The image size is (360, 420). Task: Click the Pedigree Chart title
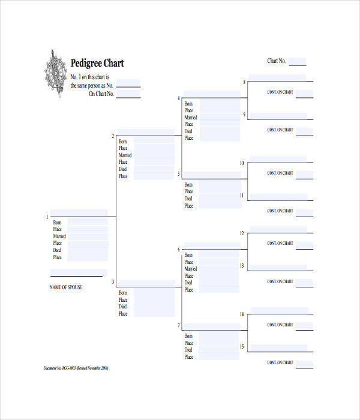click(97, 63)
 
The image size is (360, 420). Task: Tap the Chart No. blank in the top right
click(297, 62)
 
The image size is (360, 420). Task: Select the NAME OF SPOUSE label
click(66, 287)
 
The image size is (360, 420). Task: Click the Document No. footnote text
click(76, 368)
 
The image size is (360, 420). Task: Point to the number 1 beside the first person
click(47, 217)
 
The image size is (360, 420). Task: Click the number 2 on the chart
click(112, 136)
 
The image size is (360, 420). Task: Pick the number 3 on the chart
click(112, 281)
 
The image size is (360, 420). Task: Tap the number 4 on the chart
click(178, 98)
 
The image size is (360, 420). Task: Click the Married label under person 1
click(59, 236)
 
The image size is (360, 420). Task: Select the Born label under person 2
click(123, 142)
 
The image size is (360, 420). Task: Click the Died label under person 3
click(123, 307)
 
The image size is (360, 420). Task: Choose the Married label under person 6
click(191, 269)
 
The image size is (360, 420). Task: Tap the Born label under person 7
click(189, 336)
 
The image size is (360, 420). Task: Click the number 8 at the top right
click(244, 82)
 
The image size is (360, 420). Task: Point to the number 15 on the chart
click(242, 347)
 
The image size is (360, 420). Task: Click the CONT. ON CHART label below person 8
click(280, 92)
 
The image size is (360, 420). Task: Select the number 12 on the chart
click(242, 233)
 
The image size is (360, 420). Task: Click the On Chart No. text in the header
click(101, 94)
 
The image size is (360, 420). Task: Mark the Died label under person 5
click(188, 199)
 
